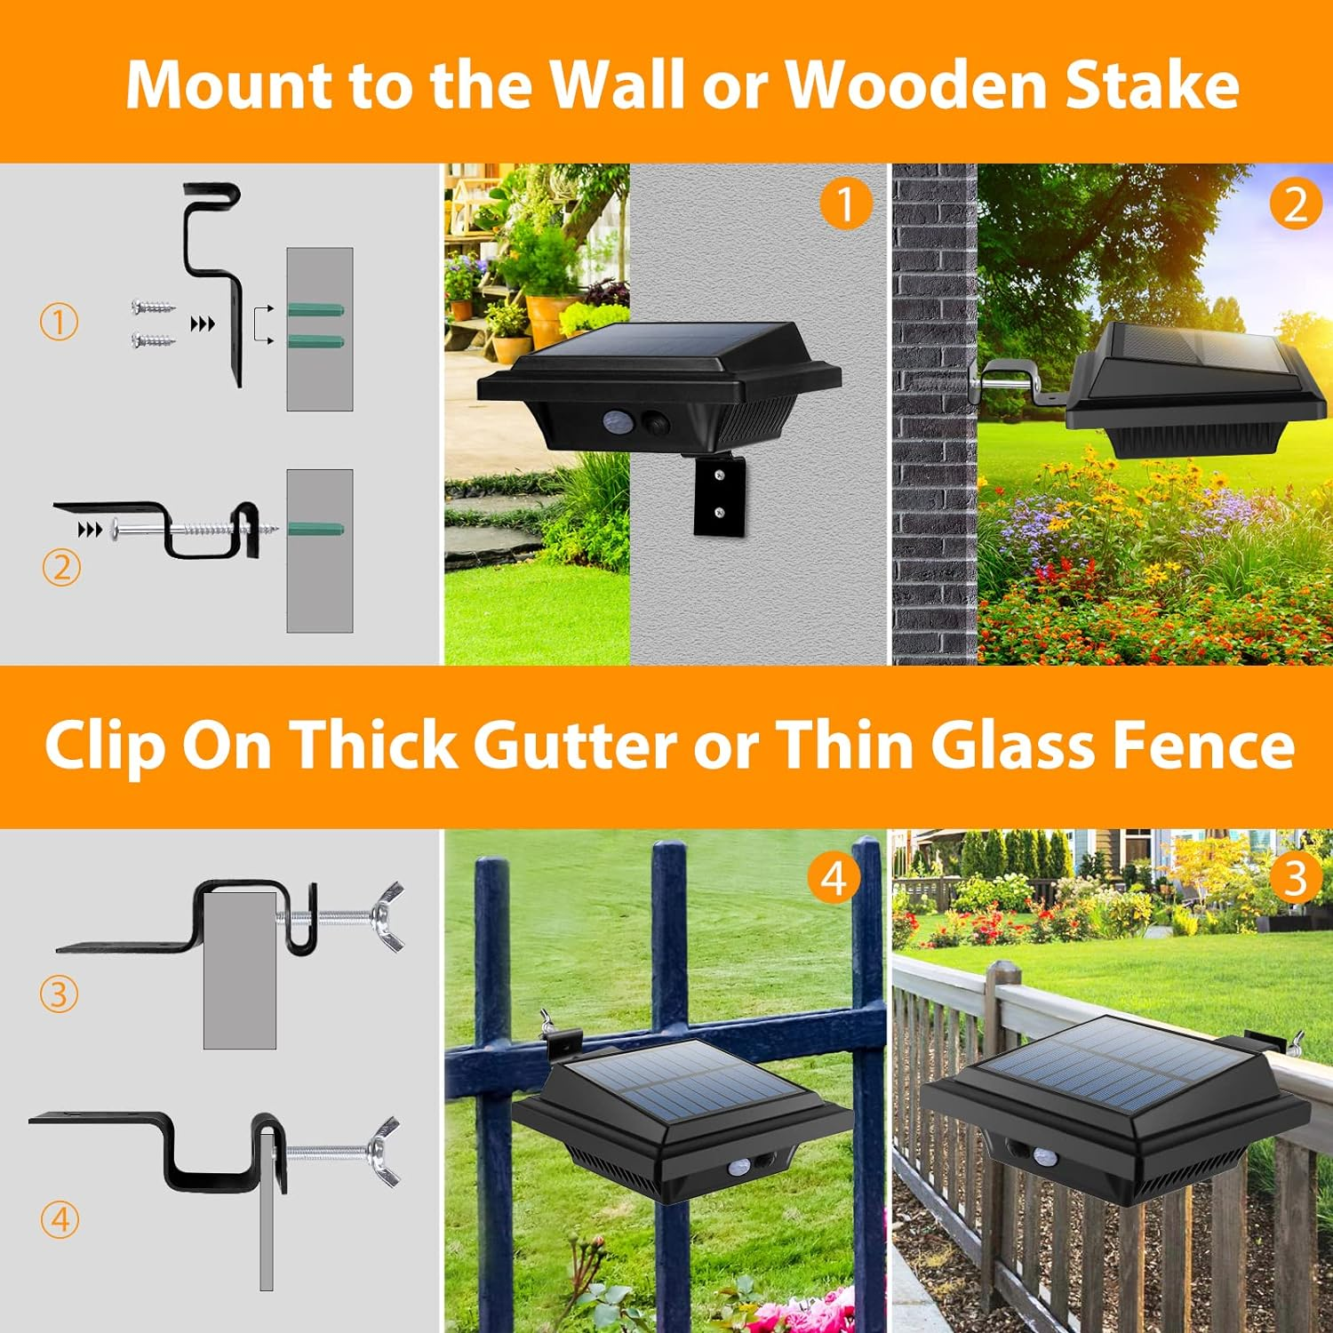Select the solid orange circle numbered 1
[x=845, y=204]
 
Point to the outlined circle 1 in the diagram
[x=60, y=321]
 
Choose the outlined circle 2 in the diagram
[x=61, y=567]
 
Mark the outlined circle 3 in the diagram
[x=60, y=994]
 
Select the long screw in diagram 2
[x=196, y=530]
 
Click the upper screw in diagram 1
[x=153, y=307]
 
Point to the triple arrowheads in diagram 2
[x=90, y=531]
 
